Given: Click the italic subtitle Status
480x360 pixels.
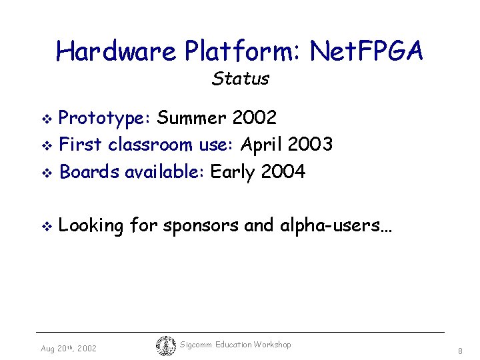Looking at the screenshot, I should pos(240,79).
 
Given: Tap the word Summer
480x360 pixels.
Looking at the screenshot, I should pos(194,119).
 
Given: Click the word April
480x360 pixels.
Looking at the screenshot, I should pos(263,145).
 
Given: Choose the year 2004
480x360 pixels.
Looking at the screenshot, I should pos(283,172).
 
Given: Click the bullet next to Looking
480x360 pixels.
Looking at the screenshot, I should pos(46,227).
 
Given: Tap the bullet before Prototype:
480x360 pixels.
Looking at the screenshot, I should pos(46,119).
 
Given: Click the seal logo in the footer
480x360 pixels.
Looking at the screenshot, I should pos(166,346).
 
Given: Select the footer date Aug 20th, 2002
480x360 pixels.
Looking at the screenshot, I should pos(69,349).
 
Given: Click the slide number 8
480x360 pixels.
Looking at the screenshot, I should pos(460,351).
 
